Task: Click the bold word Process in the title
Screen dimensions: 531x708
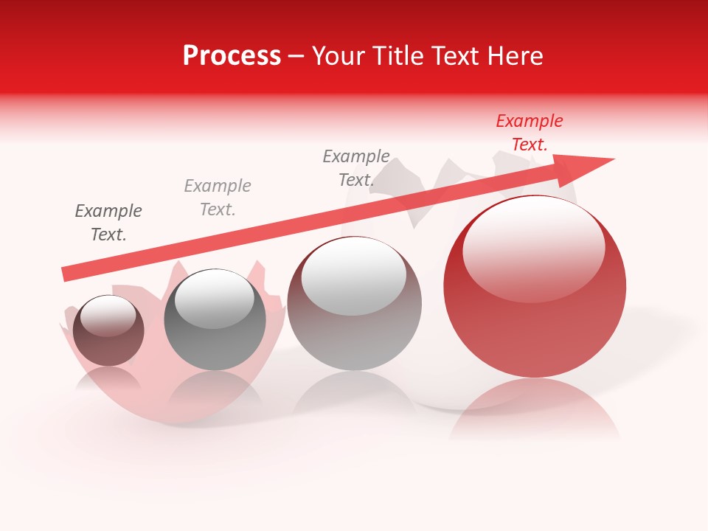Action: tap(232, 56)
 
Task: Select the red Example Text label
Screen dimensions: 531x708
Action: tap(530, 133)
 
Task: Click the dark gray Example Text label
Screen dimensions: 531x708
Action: tap(108, 223)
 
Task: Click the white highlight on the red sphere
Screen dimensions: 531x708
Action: tap(533, 247)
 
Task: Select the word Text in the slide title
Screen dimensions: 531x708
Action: tap(454, 56)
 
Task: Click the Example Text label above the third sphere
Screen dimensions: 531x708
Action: tap(356, 168)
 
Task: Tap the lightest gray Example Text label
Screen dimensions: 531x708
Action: tap(218, 198)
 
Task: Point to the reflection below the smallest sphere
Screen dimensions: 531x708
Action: tap(108, 380)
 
